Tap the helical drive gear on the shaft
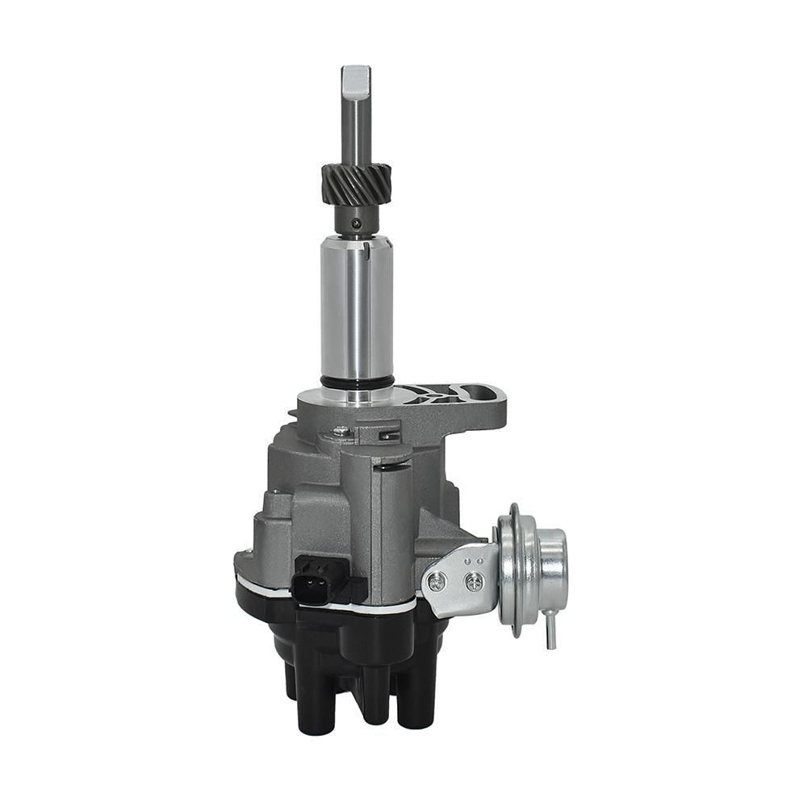[x=356, y=185]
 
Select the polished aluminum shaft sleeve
[x=356, y=307]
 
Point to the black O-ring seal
[x=356, y=379]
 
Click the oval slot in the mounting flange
[x=481, y=394]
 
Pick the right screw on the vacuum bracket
[x=475, y=579]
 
